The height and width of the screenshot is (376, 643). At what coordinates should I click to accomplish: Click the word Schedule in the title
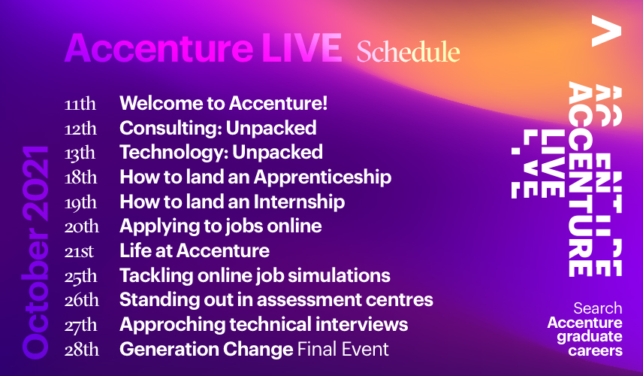[x=408, y=52]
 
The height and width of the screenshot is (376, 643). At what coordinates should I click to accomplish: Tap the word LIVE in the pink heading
[x=302, y=48]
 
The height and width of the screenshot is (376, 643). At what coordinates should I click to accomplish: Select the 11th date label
[x=80, y=104]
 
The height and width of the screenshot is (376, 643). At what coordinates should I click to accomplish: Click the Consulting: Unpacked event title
[x=218, y=128]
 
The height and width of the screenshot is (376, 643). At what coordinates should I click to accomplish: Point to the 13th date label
[x=80, y=153]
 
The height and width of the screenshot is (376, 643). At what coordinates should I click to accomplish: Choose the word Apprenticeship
[x=322, y=177]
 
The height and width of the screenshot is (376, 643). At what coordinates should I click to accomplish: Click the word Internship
[x=299, y=202]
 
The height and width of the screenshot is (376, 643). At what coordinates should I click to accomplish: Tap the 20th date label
[x=81, y=226]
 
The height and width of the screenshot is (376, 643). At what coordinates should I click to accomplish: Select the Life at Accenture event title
[x=195, y=250]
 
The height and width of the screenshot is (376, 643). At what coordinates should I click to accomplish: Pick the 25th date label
[x=81, y=276]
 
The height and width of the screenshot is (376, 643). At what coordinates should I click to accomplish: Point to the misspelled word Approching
[x=171, y=325]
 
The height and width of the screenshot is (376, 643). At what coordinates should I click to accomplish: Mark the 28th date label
[x=81, y=350]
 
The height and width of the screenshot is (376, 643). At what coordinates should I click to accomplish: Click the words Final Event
[x=343, y=350]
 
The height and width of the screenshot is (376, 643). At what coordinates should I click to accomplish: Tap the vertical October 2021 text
[x=35, y=253]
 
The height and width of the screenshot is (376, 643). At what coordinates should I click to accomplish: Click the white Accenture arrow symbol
[x=606, y=31]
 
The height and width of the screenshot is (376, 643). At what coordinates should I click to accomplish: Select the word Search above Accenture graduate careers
[x=597, y=308]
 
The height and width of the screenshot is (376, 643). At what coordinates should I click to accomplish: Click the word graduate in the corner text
[x=590, y=337]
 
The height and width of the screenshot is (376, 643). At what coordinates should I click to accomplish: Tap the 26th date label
[x=81, y=301]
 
